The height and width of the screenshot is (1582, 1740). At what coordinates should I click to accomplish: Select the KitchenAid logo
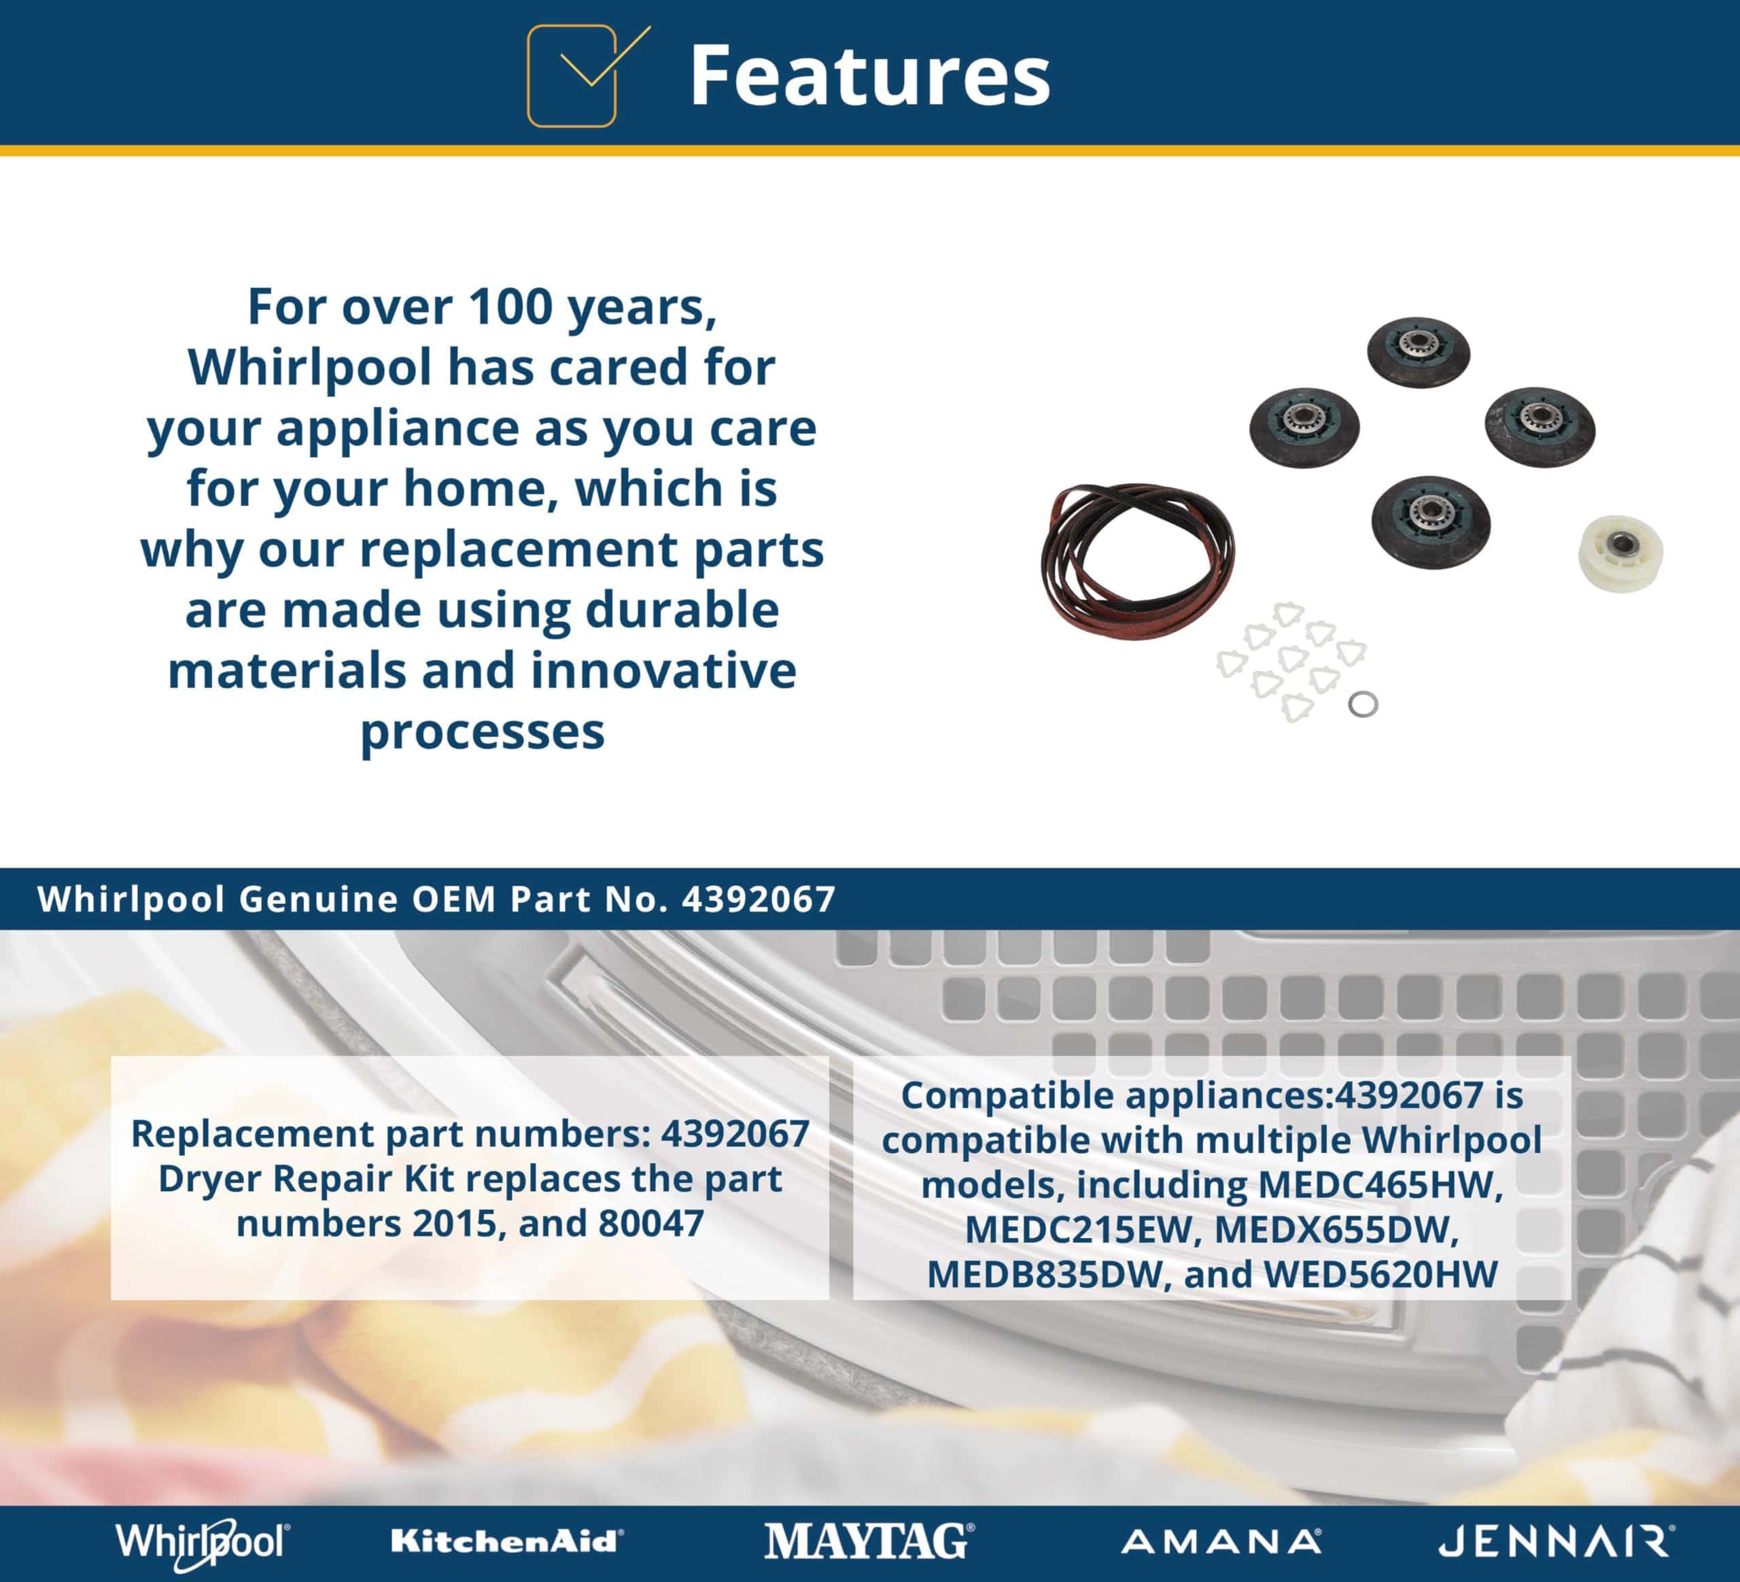(x=506, y=1541)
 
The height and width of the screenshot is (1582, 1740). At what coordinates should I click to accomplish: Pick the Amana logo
(x=1221, y=1541)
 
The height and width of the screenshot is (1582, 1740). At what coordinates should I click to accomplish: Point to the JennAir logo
(x=1557, y=1541)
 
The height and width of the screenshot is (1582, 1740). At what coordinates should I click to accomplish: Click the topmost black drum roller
(x=1418, y=351)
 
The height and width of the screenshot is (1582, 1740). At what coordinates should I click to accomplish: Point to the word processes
(x=483, y=732)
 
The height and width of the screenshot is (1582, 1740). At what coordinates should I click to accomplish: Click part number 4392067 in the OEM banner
(x=759, y=899)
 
